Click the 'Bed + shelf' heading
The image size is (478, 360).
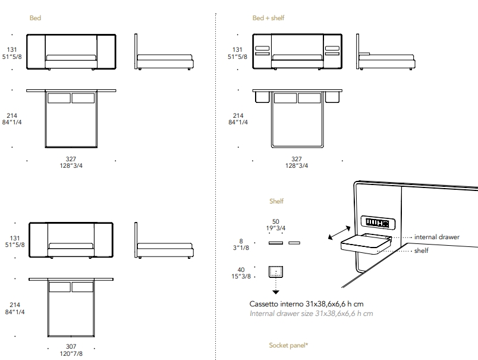pyautogui.click(x=268, y=18)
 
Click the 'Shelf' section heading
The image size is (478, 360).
pyautogui.click(x=276, y=201)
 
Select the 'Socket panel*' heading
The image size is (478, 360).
pyautogui.click(x=288, y=345)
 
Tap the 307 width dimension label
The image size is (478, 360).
pyautogui.click(x=71, y=346)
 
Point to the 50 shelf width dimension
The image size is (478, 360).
pyautogui.click(x=276, y=221)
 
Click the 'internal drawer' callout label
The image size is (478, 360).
pyautogui.click(x=436, y=237)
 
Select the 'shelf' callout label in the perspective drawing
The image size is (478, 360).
pyautogui.click(x=422, y=251)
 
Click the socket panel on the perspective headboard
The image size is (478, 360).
pyautogui.click(x=378, y=223)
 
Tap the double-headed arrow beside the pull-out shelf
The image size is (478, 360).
pyautogui.click(x=339, y=233)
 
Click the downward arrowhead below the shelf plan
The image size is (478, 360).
pyautogui.click(x=276, y=292)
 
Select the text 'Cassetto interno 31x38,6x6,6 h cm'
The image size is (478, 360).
pyautogui.click(x=306, y=304)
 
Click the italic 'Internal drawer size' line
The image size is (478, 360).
pyautogui.click(x=312, y=314)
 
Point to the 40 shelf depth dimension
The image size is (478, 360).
pyautogui.click(x=241, y=270)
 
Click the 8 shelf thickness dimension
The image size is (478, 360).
pyautogui.click(x=241, y=241)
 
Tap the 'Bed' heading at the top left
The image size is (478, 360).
pyautogui.click(x=35, y=18)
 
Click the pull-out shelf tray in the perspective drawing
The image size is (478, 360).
pyautogui.click(x=366, y=243)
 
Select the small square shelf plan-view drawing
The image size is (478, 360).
pyautogui.click(x=276, y=272)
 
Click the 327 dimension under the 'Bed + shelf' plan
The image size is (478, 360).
pyautogui.click(x=296, y=159)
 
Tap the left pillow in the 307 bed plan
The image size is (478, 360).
pyautogui.click(x=59, y=287)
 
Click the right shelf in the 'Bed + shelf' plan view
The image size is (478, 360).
pyautogui.click(x=332, y=98)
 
